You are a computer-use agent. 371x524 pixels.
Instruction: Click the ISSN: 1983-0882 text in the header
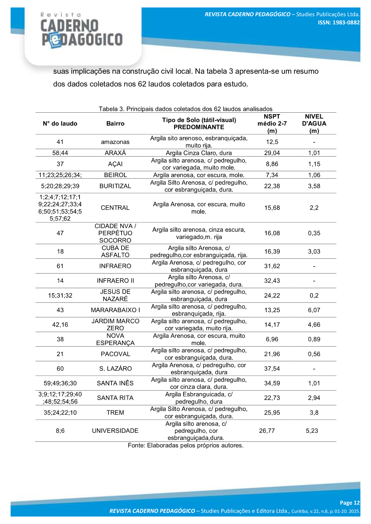coord(339,22)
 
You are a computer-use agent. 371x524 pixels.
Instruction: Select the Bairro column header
coord(115,124)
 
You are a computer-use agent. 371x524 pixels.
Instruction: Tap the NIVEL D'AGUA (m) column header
coord(314,124)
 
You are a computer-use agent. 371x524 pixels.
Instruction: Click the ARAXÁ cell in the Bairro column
coord(115,153)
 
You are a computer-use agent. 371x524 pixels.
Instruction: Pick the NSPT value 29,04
coord(272,153)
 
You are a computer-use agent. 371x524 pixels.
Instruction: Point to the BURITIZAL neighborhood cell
coord(115,186)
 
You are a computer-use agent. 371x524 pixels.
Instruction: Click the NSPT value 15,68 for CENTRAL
coord(272,208)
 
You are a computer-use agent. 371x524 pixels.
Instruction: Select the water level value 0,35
coord(314,233)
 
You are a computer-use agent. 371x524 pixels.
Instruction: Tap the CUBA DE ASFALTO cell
coord(115,251)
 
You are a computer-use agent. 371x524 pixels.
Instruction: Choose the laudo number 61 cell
coord(60,266)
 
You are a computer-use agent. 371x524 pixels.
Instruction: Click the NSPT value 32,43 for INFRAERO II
coord(272,281)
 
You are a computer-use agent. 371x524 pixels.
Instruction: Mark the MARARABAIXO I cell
coord(115,310)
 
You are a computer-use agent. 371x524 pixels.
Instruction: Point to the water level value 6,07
coord(314,310)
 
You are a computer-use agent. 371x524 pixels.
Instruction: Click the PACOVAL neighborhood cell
coord(115,354)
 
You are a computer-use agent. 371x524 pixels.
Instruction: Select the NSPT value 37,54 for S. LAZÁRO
coord(272,368)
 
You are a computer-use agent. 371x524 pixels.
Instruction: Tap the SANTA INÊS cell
coord(115,383)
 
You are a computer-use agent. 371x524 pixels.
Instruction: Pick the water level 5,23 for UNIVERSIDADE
coord(312,431)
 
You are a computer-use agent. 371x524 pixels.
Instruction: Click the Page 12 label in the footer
coord(350,503)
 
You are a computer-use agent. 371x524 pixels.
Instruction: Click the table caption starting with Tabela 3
coord(186,109)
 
